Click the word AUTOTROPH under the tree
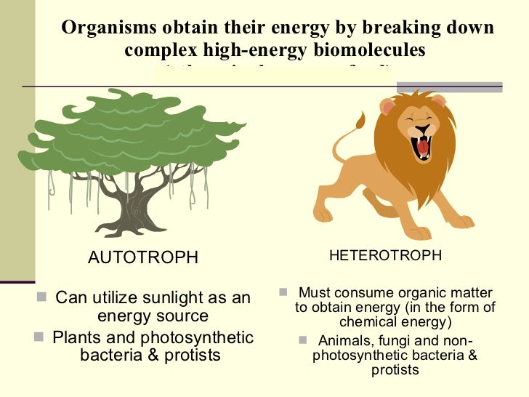pos(142,257)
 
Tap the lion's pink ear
pos(388,108)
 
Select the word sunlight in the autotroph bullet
pos(171,298)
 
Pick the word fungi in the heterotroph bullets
pos(392,342)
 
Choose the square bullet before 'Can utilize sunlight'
pos(41,297)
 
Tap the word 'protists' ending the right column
pos(395,369)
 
